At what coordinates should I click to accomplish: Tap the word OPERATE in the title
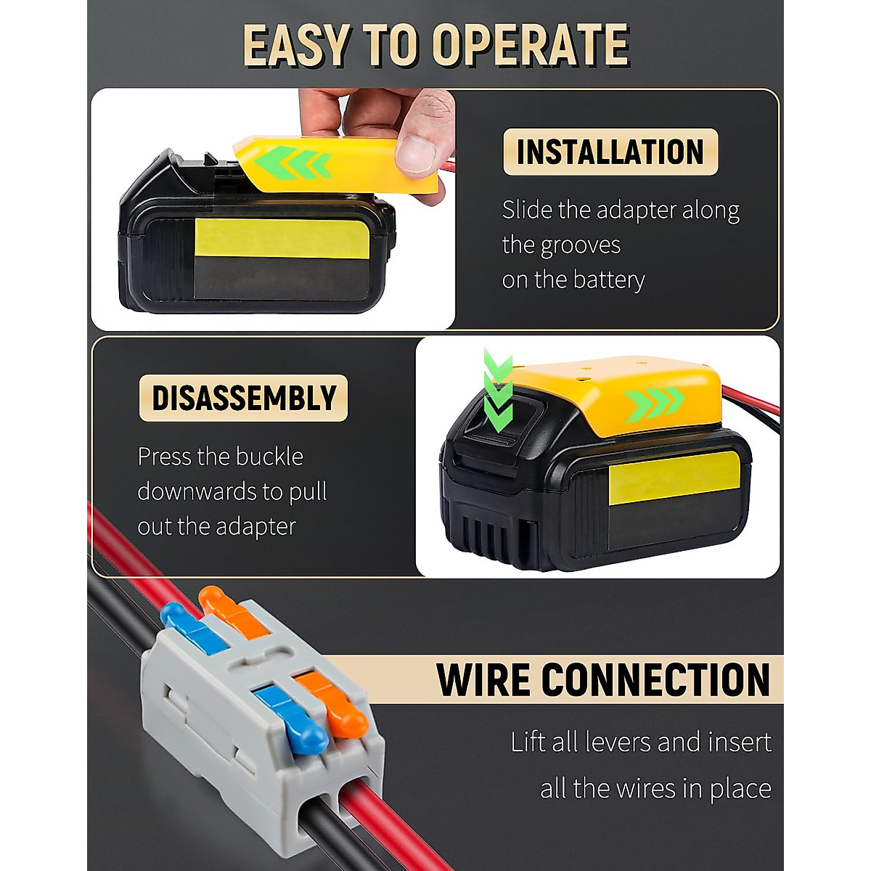point(531,45)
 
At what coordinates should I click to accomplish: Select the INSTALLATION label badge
point(610,152)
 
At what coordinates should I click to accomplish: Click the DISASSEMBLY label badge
point(244,398)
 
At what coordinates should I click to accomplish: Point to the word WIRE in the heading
point(484,679)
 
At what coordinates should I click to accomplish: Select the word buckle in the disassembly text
point(270,457)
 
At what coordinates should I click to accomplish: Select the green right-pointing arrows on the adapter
point(655,399)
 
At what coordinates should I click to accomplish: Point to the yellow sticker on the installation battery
point(282,238)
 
